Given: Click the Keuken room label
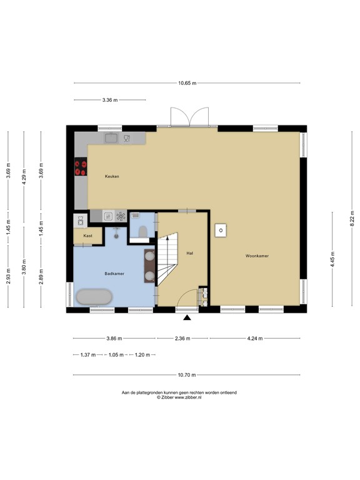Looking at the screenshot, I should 112,177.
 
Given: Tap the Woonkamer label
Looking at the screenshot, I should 257,256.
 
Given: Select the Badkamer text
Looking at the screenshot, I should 114,274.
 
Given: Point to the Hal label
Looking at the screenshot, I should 189,253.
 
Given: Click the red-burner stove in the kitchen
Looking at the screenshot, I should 81,167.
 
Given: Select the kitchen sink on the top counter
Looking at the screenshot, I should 112,138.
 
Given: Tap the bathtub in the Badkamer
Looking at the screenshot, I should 94,297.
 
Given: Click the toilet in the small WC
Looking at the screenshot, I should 142,232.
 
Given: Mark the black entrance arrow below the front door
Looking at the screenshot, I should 187,318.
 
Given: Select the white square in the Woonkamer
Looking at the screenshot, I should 221,231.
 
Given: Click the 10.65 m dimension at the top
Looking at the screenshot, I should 187,83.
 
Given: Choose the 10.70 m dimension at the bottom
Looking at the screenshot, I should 187,375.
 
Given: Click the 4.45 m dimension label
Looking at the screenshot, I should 332,258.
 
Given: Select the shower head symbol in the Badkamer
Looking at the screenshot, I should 116,230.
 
